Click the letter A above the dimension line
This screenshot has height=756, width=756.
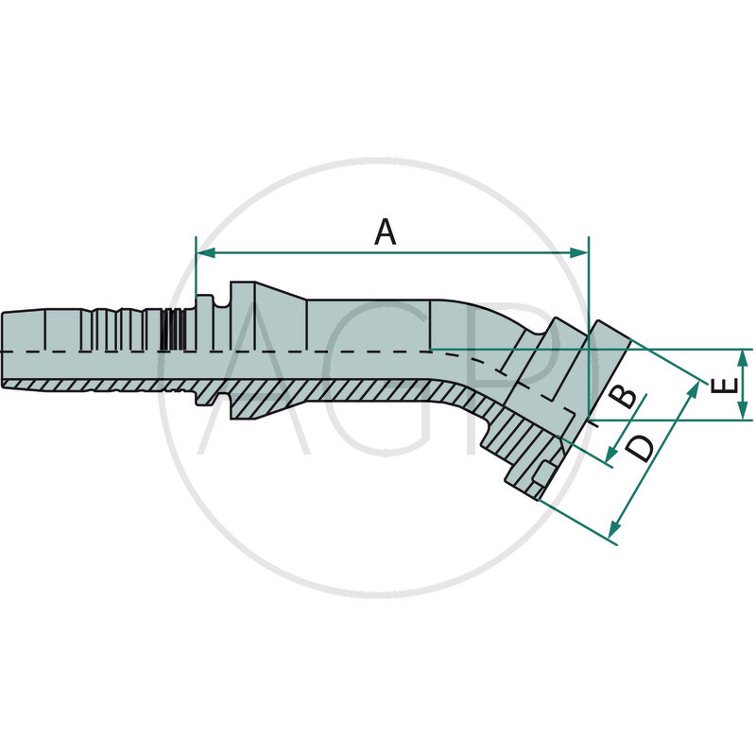click(x=385, y=231)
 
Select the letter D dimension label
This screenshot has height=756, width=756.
click(x=640, y=447)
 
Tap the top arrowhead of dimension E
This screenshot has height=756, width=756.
click(x=745, y=355)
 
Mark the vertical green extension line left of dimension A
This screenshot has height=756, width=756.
click(x=196, y=269)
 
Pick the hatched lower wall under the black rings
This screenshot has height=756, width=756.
click(x=171, y=385)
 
